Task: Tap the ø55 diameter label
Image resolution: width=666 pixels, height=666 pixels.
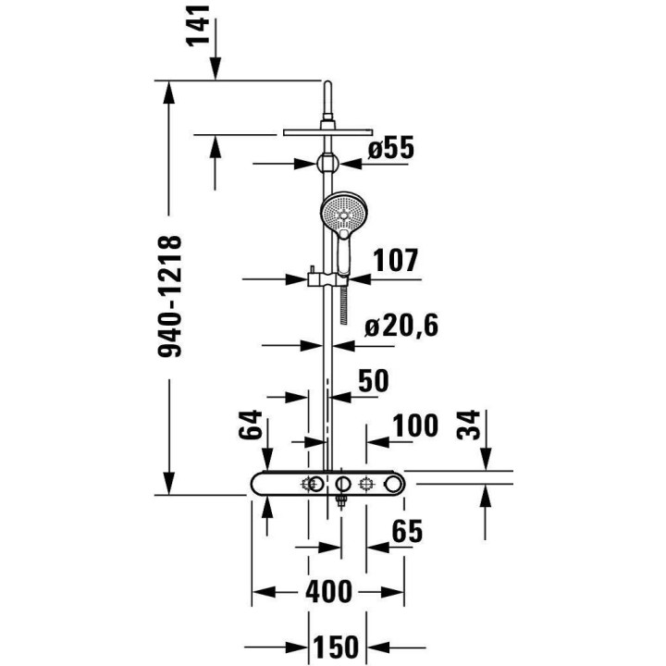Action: click(x=389, y=148)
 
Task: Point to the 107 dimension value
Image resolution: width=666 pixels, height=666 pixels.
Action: click(x=396, y=262)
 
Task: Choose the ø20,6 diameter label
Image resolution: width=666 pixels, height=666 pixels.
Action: click(x=400, y=327)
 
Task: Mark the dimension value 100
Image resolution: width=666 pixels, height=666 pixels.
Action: click(x=414, y=427)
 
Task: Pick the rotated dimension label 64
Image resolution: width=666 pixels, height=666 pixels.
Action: click(x=250, y=427)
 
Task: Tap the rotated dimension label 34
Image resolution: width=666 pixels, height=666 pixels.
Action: click(x=472, y=427)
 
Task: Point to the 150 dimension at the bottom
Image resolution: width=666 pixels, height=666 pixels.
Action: click(x=334, y=647)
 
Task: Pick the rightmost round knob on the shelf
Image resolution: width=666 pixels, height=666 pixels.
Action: click(x=394, y=484)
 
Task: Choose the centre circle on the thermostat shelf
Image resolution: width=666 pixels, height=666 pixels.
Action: click(x=342, y=484)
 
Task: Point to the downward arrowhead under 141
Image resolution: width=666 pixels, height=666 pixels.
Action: click(x=216, y=69)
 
